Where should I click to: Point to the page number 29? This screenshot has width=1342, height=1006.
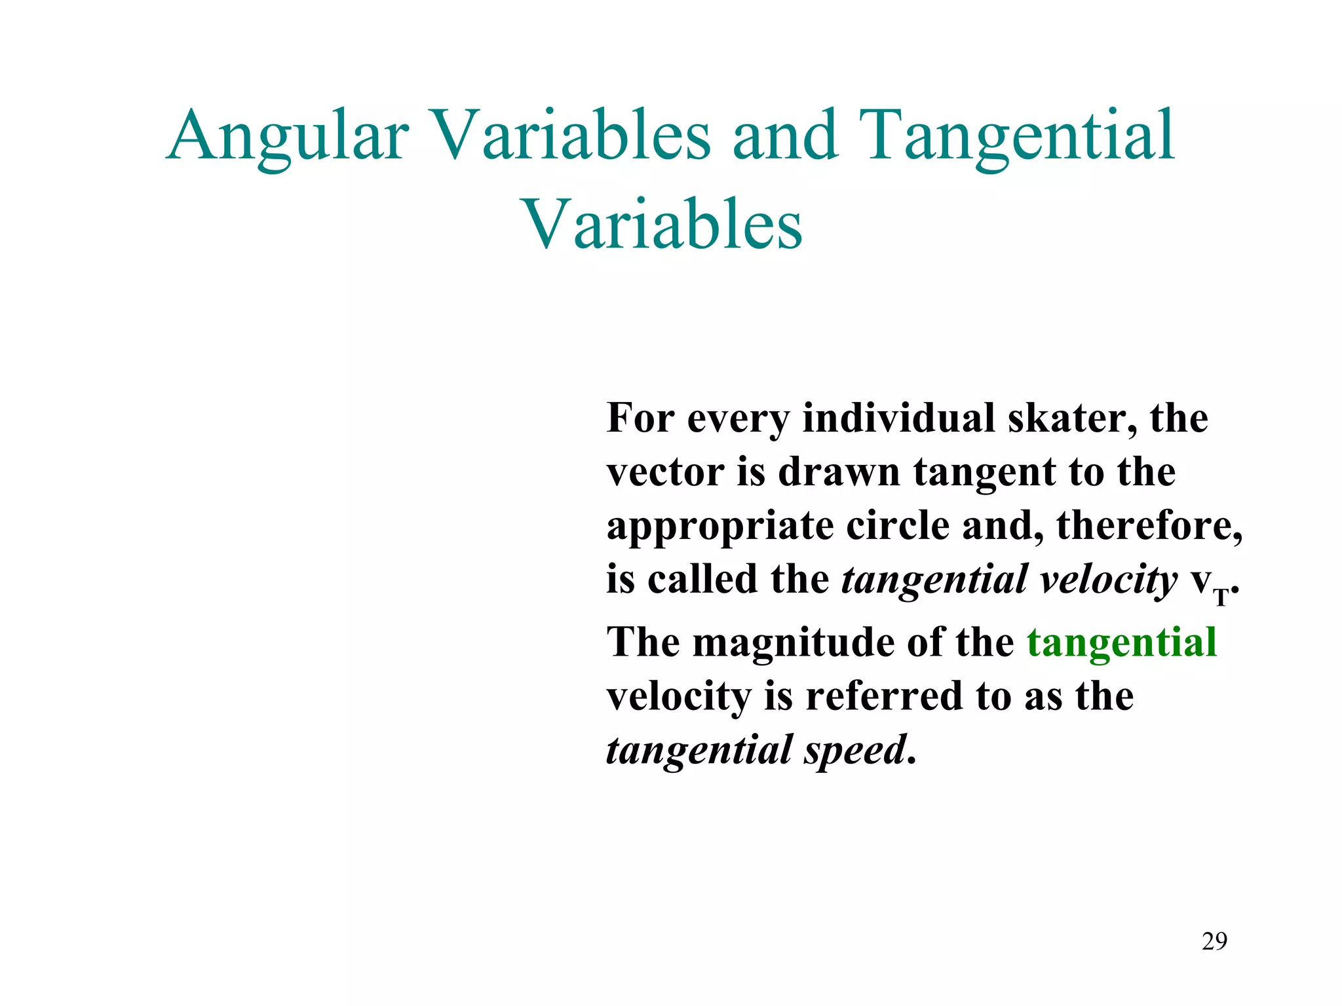[1214, 941]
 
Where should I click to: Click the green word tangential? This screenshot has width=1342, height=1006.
[1121, 642]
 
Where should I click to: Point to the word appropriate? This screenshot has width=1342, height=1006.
[720, 527]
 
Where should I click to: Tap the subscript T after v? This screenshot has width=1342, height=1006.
[1221, 597]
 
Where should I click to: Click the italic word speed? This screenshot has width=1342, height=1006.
[854, 751]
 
